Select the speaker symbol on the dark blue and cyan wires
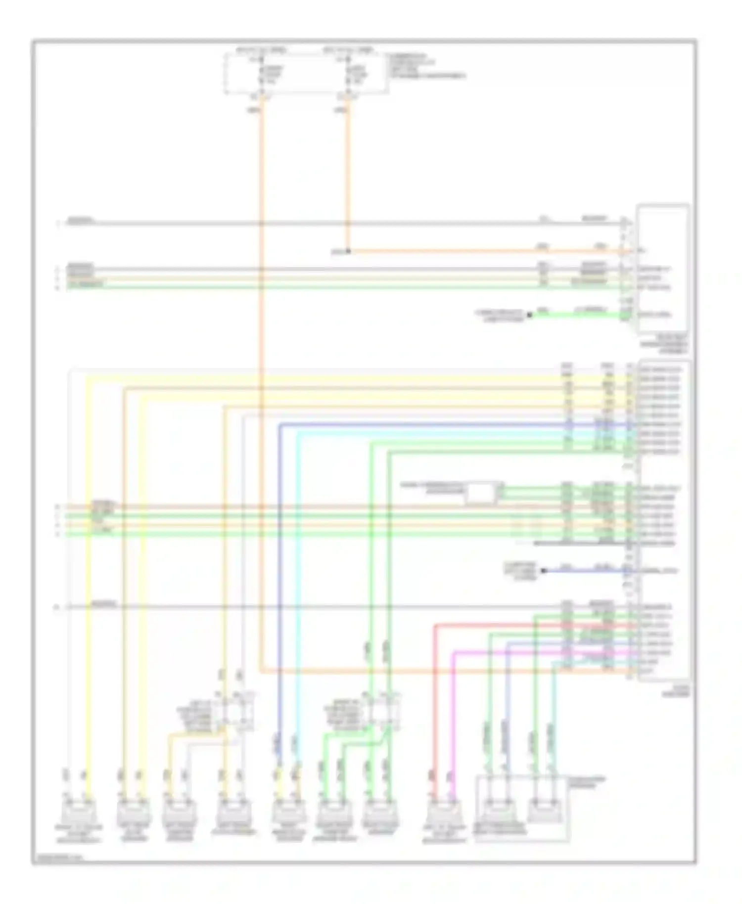(x=288, y=812)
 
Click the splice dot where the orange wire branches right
(x=348, y=251)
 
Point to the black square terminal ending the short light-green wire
(x=529, y=315)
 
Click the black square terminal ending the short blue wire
(x=543, y=570)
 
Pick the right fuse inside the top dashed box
(x=348, y=74)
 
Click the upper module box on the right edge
(x=663, y=267)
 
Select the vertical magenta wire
(x=454, y=717)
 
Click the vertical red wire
(x=435, y=702)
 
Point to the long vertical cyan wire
(x=298, y=593)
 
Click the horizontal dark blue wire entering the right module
(x=445, y=424)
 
